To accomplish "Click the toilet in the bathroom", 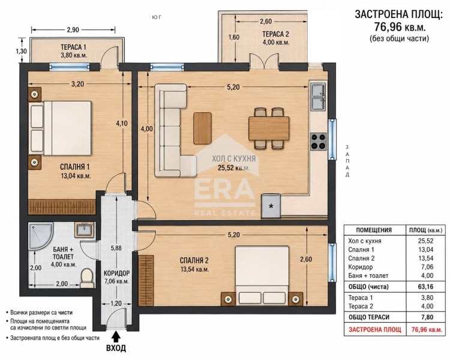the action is [x=87, y=278].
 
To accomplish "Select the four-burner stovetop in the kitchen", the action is [x=319, y=141].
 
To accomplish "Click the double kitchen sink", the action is [x=319, y=97].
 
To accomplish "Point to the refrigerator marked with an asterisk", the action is [x=271, y=206].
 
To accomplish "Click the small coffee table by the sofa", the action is [x=203, y=128].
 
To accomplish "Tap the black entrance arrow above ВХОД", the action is [x=116, y=336].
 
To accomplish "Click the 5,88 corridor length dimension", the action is [x=116, y=248].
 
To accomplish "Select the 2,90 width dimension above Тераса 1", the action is [x=73, y=29].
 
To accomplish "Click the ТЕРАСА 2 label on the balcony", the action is [x=275, y=34].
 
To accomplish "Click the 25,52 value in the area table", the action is [x=425, y=241].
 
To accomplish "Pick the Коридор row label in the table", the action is [x=360, y=267].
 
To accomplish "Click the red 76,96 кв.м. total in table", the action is [x=427, y=329].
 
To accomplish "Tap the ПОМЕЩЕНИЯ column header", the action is [x=374, y=230].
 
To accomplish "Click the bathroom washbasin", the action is [x=84, y=229].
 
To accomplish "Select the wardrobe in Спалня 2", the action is [x=145, y=281].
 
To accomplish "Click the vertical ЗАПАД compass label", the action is [x=347, y=161].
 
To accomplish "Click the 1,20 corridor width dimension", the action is [x=116, y=303].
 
